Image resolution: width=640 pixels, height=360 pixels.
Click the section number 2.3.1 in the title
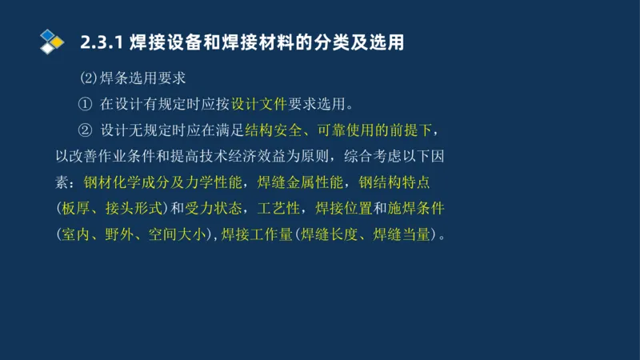[99, 42]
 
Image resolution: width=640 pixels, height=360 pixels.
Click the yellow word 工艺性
[278, 209]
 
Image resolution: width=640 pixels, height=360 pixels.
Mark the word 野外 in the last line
[120, 235]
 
